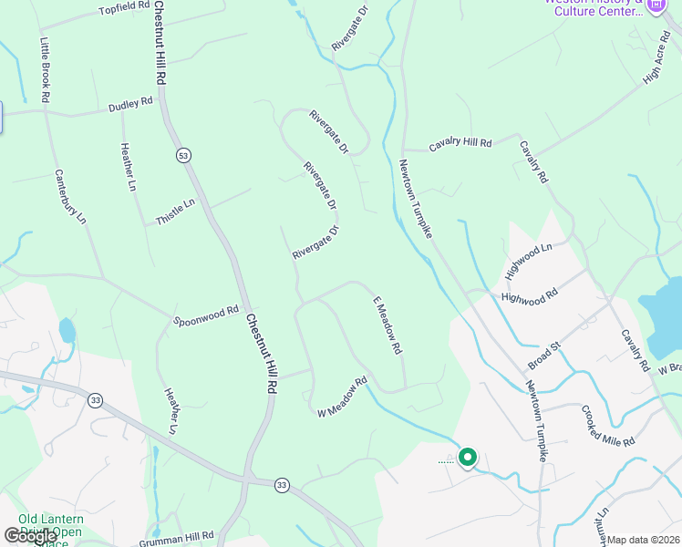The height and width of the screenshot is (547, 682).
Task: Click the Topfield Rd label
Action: pos(124,8)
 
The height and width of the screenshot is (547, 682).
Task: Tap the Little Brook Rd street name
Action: pos(44,69)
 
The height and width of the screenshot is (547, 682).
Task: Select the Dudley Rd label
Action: pos(130,106)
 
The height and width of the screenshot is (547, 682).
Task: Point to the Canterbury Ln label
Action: pos(69,197)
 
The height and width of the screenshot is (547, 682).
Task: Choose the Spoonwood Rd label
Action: pos(207,315)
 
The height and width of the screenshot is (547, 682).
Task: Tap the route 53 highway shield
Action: pos(183,156)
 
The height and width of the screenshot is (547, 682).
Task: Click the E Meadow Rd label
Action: pos(387,325)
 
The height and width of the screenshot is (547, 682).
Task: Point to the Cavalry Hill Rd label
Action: pos(460,144)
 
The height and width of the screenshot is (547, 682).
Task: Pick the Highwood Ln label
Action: pos(530,261)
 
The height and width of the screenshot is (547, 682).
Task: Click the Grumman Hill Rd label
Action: pos(182,536)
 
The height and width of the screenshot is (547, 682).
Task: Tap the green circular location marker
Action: pos(468,457)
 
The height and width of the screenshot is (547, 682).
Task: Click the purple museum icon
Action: pos(656,5)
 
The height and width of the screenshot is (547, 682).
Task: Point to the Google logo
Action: pos(30,536)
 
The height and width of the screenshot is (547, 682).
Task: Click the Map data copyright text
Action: pos(644,540)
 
